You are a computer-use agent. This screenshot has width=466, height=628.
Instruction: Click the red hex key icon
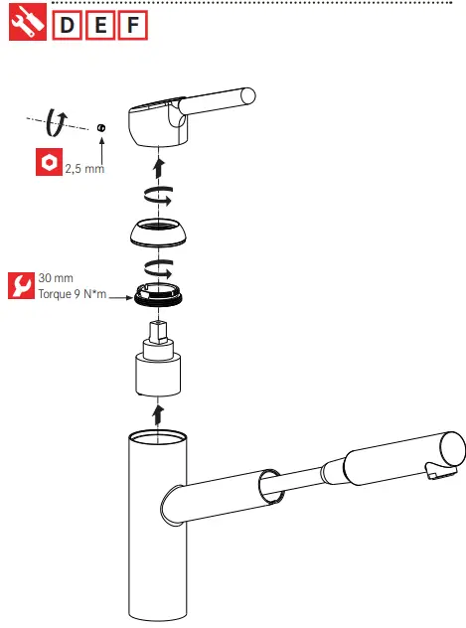47,163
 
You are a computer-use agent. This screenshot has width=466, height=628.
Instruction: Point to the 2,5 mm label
84,170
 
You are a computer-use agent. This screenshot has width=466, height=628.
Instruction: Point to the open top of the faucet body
156,438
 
